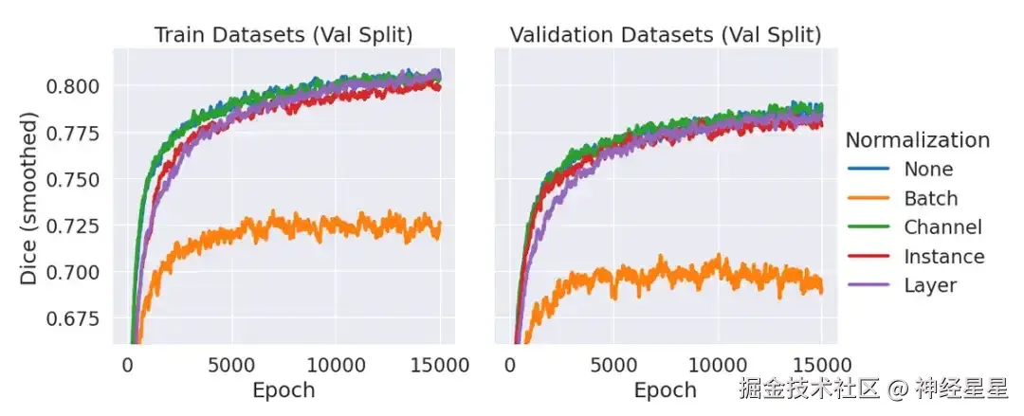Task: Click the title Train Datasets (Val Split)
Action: (283, 35)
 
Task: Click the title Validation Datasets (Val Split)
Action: (665, 35)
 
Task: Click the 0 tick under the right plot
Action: (510, 365)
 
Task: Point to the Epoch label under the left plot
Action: (283, 389)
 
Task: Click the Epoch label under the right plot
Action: (665, 389)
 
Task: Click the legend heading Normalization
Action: (917, 140)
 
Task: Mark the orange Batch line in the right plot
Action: (664, 276)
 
